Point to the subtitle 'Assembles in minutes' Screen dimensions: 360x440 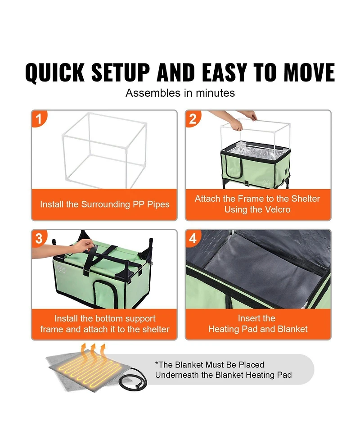click(180, 93)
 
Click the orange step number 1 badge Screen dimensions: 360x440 click(39, 118)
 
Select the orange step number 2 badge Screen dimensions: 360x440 click(193, 118)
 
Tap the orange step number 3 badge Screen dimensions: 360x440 click(39, 238)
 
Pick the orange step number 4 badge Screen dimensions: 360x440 click(193, 238)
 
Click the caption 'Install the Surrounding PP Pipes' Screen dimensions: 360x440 click(104, 204)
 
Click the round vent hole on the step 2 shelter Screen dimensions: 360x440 click(286, 171)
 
